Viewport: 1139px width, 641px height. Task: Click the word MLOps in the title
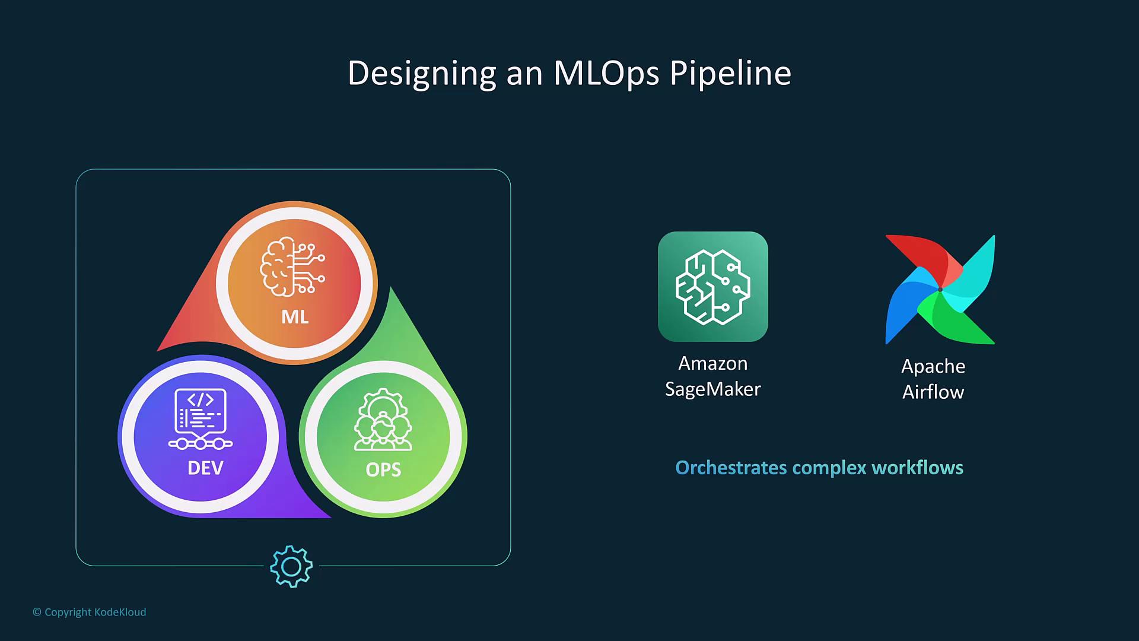coord(606,73)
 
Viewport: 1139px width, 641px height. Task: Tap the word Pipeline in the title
coord(731,74)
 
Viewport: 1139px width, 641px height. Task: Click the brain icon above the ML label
coord(292,267)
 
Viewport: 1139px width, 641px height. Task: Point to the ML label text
coord(295,317)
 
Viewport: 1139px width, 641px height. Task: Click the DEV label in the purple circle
coord(205,468)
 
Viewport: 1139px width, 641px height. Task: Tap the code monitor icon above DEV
coord(201,419)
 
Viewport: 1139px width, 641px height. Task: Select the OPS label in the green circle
coord(383,470)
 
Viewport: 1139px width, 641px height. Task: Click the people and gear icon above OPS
coord(383,420)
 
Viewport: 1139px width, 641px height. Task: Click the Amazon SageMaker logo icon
coord(713,287)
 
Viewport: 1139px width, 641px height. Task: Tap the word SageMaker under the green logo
coord(713,390)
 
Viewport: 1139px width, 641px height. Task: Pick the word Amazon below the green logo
coord(713,363)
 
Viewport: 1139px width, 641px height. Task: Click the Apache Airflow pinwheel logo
coord(940,290)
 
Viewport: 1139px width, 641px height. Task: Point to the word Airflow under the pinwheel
coord(933,392)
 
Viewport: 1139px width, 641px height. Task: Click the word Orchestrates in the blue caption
coord(731,468)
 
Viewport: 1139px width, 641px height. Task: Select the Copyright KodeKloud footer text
coord(90,612)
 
